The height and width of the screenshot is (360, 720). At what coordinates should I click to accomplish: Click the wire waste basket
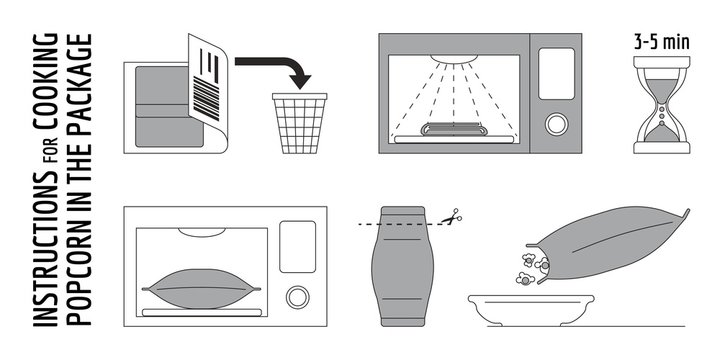[298, 122]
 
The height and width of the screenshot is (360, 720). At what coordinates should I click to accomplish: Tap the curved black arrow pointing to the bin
[281, 68]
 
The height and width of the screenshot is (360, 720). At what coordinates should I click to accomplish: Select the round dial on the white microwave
[297, 297]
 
